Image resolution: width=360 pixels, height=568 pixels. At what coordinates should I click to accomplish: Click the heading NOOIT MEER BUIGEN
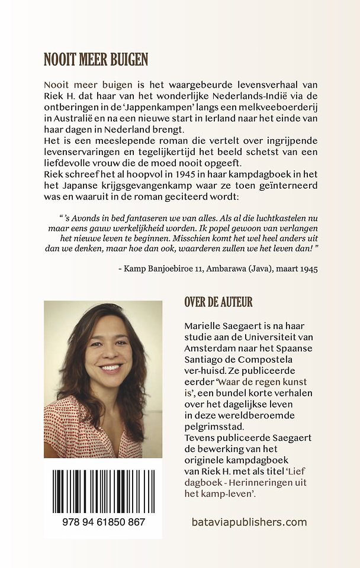[x=95, y=60]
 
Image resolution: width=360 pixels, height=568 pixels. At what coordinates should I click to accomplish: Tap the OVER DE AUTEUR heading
[x=218, y=302]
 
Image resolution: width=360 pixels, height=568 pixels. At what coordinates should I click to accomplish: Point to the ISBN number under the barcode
[x=102, y=522]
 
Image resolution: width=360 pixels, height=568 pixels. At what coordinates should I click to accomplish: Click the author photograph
[x=102, y=379]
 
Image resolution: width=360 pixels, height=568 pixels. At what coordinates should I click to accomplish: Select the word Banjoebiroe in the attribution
[x=169, y=269]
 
